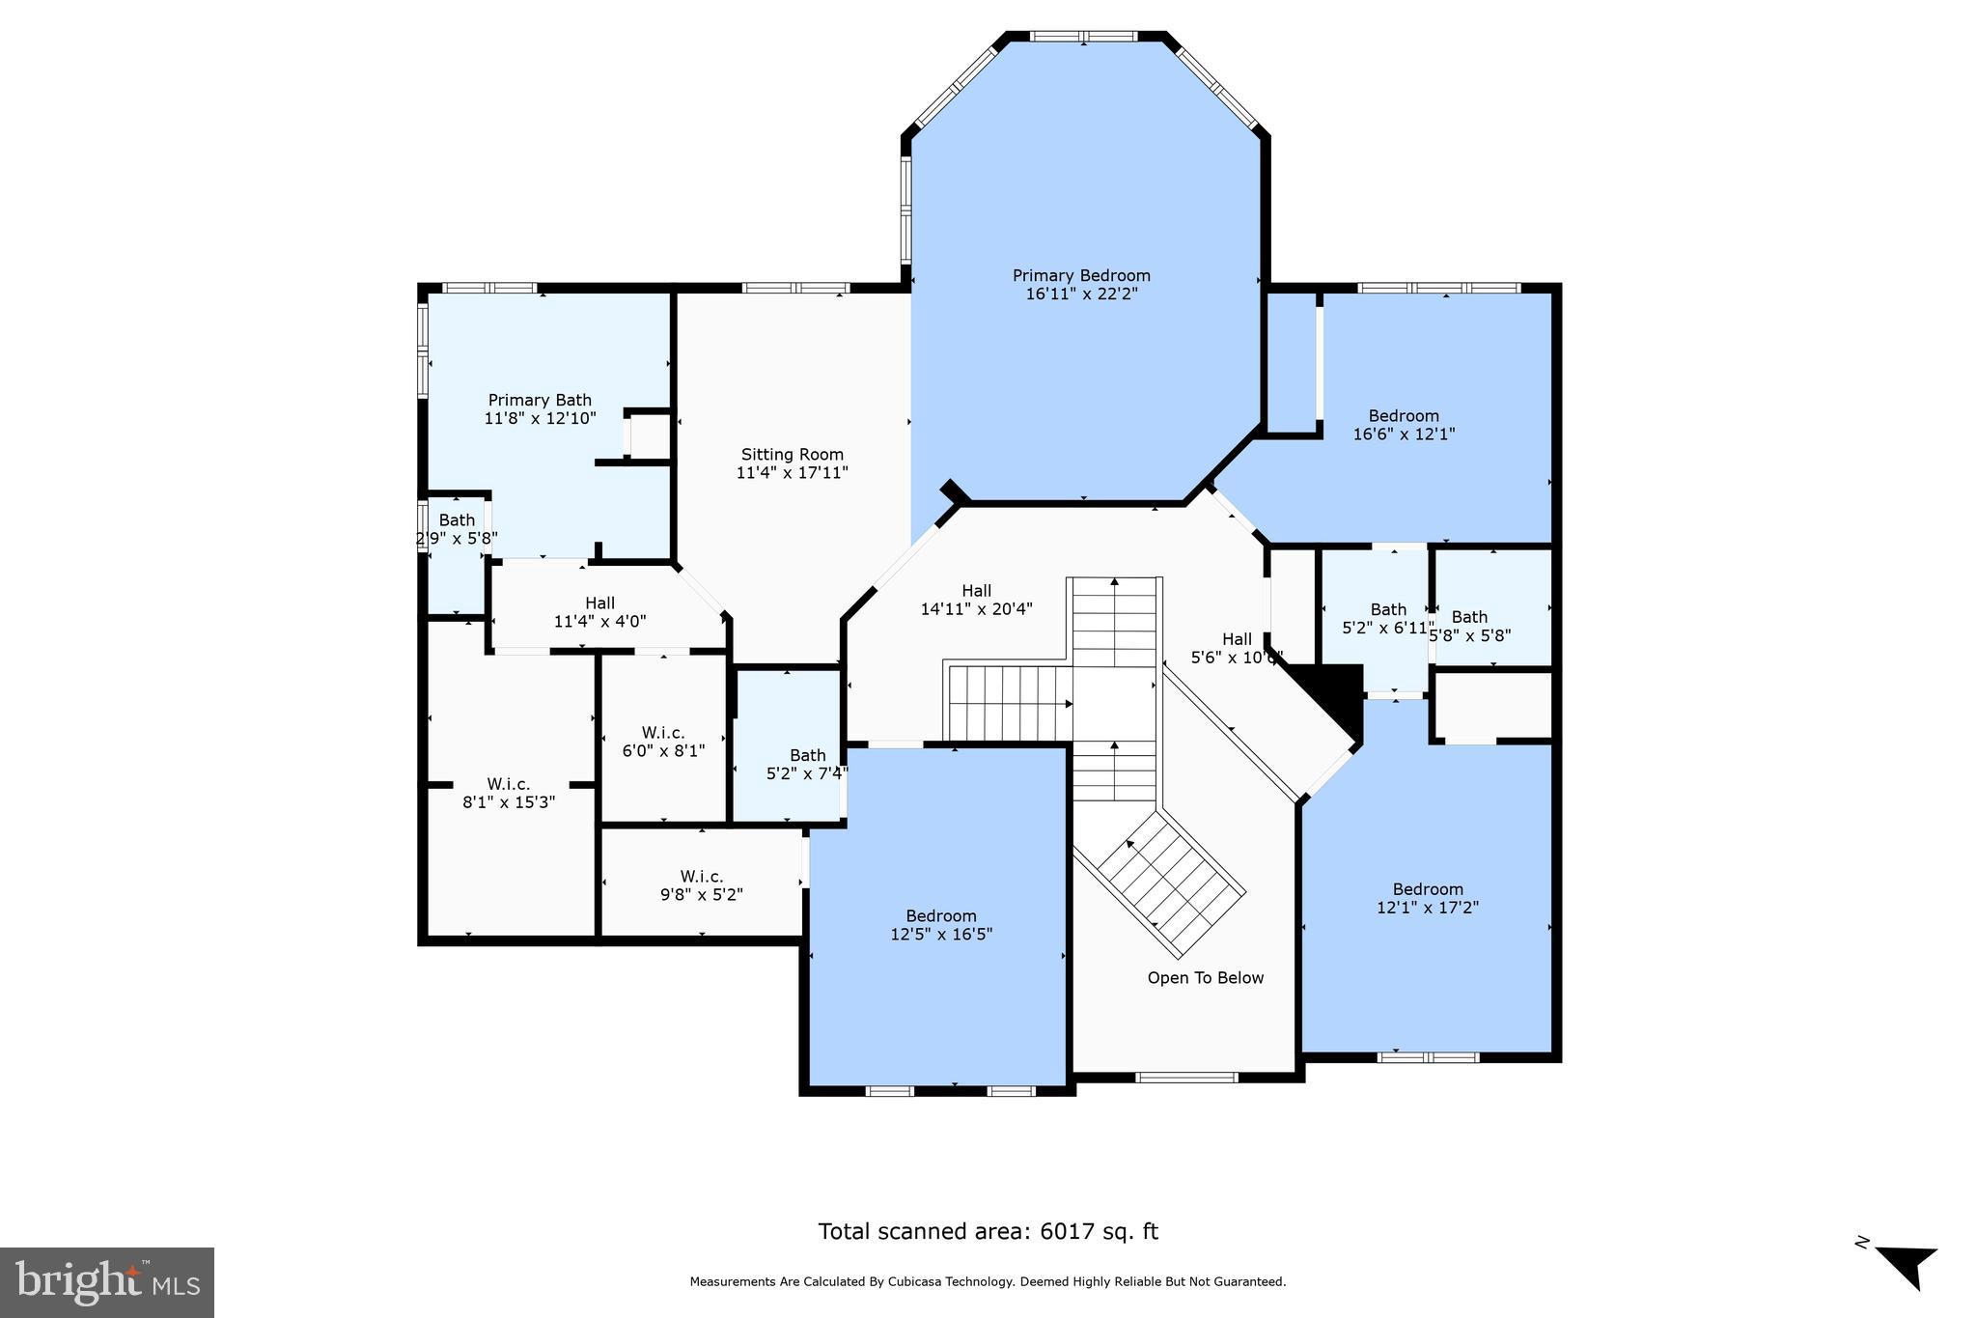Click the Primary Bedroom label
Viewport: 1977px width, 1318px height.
pyautogui.click(x=1081, y=276)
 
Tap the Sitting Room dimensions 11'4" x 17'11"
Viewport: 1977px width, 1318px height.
pyautogui.click(x=792, y=473)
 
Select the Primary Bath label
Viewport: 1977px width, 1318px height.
pyautogui.click(x=540, y=400)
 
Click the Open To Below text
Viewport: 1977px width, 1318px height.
pyautogui.click(x=1205, y=978)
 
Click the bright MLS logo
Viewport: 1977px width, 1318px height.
pyautogui.click(x=107, y=1282)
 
